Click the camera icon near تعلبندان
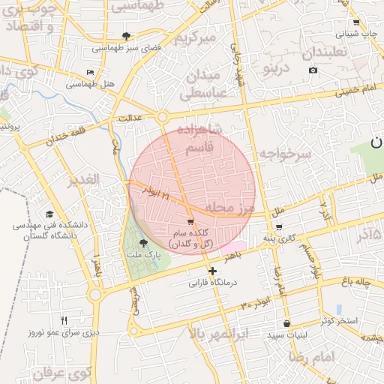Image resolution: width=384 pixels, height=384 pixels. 313,70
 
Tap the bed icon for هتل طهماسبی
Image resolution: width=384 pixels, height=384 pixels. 91,73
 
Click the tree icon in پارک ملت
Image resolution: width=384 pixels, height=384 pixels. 143,242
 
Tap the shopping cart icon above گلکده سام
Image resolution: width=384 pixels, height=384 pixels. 190,221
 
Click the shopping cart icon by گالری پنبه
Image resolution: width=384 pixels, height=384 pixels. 279,226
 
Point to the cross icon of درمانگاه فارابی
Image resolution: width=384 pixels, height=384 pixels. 212,271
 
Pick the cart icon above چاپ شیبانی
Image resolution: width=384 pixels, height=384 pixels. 356,22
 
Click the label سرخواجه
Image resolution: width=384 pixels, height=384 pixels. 285,154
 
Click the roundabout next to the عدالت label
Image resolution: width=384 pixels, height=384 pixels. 162,116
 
